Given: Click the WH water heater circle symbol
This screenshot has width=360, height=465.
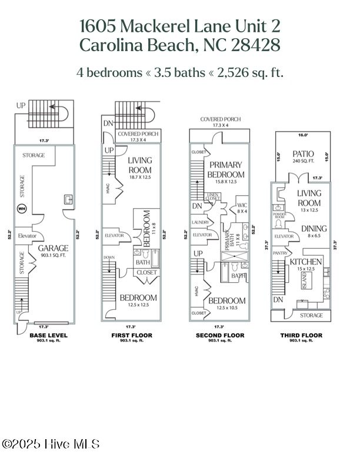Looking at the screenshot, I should tap(22, 208).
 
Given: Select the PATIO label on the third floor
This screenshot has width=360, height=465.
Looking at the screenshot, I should tap(303, 154).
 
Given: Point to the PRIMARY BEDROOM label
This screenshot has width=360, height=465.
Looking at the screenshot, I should tap(226, 170).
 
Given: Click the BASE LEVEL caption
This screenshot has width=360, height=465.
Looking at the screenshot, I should tap(48, 335).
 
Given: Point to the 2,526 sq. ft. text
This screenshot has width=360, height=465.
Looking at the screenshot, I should tap(249, 73).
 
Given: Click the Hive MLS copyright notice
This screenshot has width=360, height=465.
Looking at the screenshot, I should tap(51, 444).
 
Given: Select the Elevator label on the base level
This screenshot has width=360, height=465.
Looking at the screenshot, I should tap(27, 236).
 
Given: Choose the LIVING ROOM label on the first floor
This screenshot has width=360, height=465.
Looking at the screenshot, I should tap(139, 165).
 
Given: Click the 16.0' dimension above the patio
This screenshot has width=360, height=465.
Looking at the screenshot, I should tap(303, 135).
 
